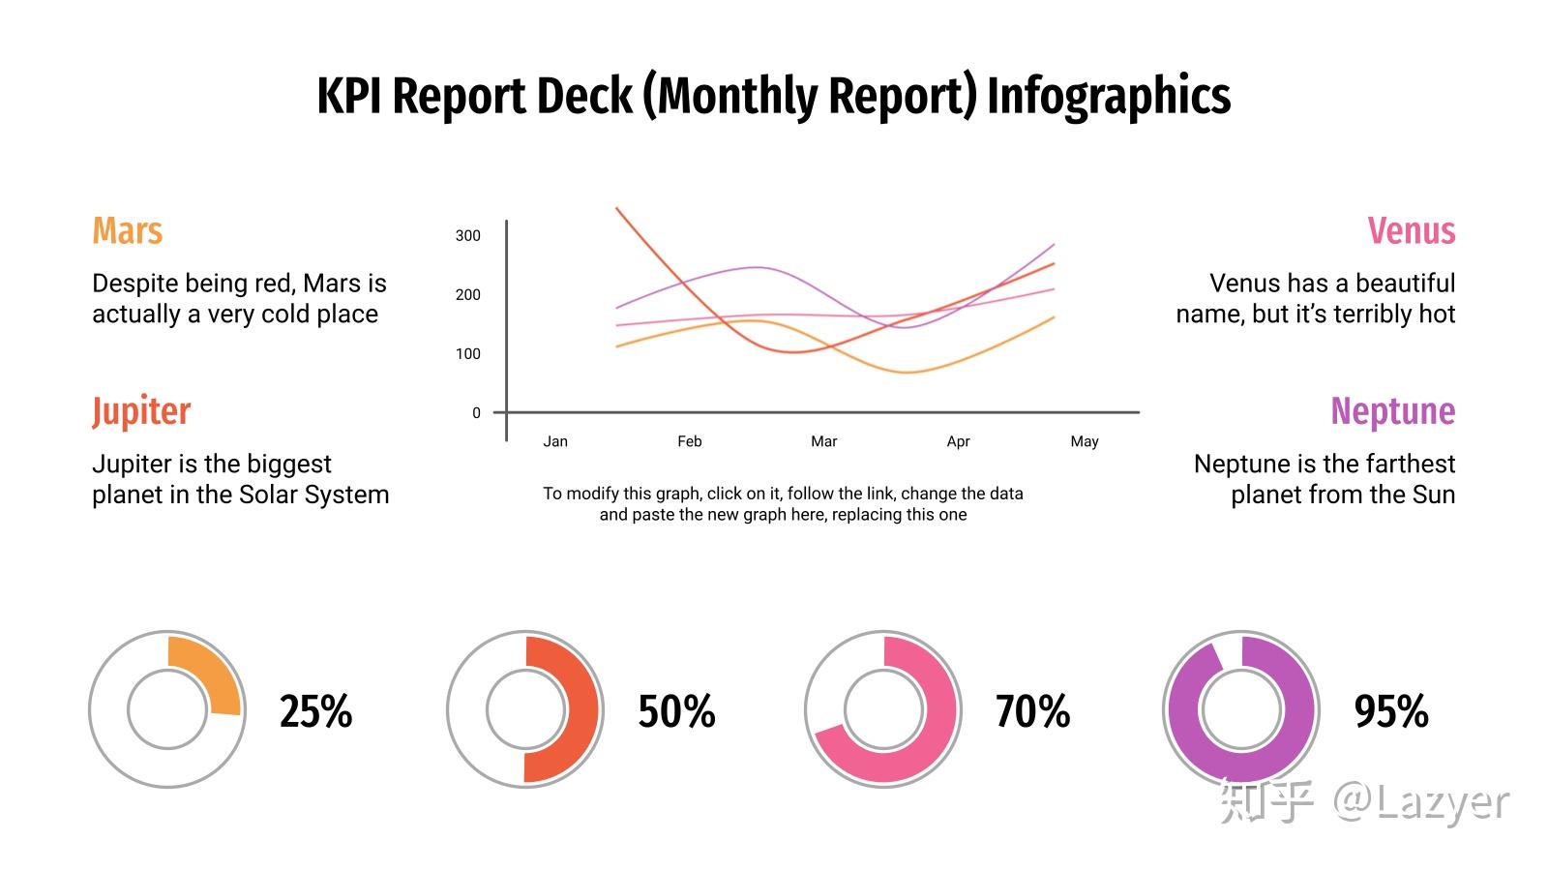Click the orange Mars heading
click(127, 230)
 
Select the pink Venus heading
click(1412, 230)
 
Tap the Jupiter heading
click(141, 412)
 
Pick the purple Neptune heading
click(1393, 412)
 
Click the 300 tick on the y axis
click(468, 236)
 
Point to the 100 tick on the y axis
click(468, 354)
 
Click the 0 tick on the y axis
click(476, 412)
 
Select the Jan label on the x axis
click(555, 441)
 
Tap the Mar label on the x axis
click(823, 441)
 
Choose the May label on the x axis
click(1085, 441)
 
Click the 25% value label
click(315, 711)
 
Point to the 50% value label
click(676, 711)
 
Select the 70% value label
click(1033, 711)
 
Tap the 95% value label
click(1391, 711)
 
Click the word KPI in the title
click(349, 96)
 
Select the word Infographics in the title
click(1109, 97)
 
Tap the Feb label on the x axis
click(690, 441)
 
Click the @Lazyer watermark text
click(1421, 803)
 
